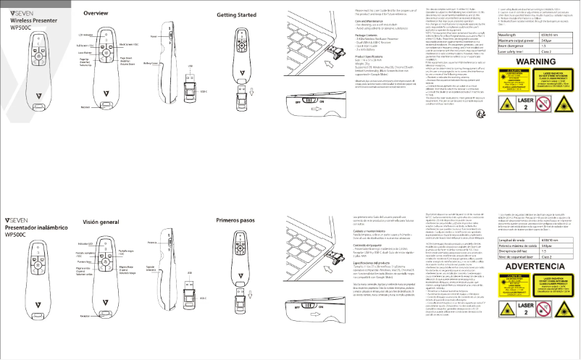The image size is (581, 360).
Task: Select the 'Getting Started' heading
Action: (237, 14)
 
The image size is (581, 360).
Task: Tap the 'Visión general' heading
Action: (101, 221)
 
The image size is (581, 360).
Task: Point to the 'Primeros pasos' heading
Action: (237, 218)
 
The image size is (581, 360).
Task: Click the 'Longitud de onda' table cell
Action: (513, 239)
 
